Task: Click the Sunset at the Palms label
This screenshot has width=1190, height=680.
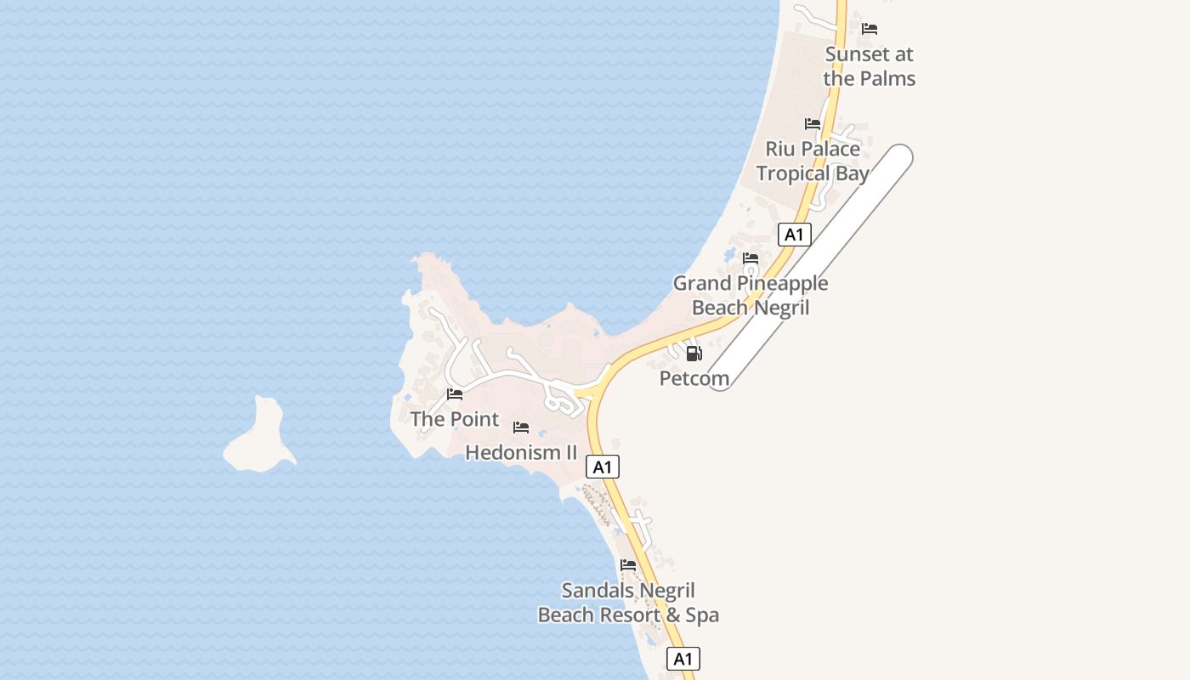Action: pos(869,66)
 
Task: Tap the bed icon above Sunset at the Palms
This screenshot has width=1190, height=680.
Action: pos(870,29)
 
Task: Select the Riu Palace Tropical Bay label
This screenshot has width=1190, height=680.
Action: pos(813,161)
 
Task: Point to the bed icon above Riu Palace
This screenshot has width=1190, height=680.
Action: pos(813,124)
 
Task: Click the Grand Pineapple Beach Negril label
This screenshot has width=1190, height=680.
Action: pos(751,295)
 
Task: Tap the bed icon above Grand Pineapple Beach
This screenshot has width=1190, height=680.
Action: pos(751,258)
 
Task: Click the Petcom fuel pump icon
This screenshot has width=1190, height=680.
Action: pos(694,354)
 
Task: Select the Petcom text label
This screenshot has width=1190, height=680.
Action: pos(694,378)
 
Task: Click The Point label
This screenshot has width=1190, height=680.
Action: pos(455,419)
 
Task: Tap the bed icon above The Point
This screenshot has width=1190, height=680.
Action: pos(455,394)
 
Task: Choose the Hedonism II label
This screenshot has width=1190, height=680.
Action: pos(521,452)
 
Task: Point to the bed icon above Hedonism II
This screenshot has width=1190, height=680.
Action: pos(521,428)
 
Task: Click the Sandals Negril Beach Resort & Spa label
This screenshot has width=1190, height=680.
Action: pos(628,603)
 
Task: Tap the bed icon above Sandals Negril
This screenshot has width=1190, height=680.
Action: pos(628,565)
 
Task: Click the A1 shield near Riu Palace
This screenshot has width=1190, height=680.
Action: pos(794,235)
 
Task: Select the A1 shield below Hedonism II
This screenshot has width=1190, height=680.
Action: pos(603,467)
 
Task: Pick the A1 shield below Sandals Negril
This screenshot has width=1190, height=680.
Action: pos(683,659)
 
